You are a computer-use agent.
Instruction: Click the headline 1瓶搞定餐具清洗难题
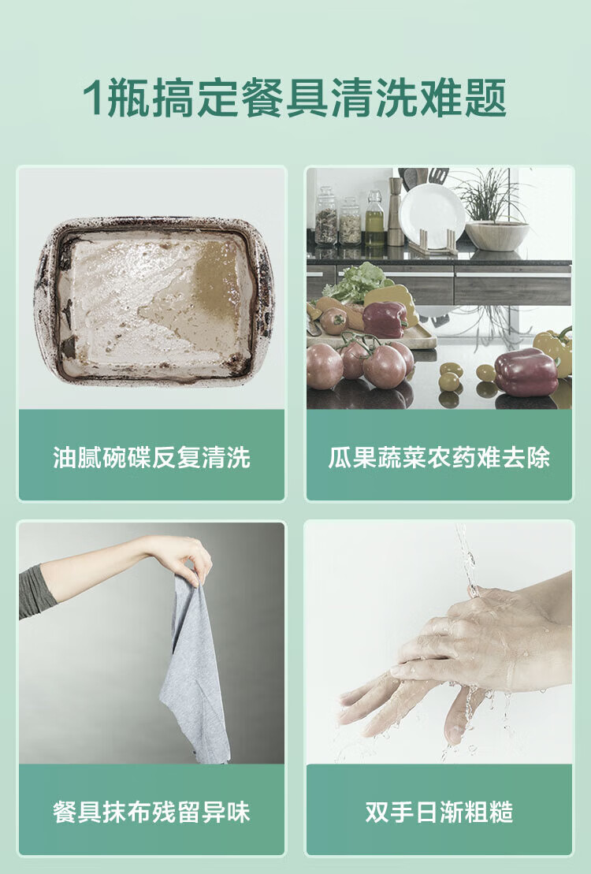295,98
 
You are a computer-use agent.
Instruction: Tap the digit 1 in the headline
92,98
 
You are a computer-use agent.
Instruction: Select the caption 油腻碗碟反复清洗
151,457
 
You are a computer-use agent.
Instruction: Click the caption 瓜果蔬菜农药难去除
440,457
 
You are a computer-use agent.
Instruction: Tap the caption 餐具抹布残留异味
151,812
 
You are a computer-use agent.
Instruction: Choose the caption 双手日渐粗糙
440,812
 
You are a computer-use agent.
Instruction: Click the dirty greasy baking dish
153,301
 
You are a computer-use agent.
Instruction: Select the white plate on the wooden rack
432,214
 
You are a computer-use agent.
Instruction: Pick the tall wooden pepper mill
396,212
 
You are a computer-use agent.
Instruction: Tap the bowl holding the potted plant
496,235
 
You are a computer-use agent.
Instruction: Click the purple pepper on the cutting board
385,320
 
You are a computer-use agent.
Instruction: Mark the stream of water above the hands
466,557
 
